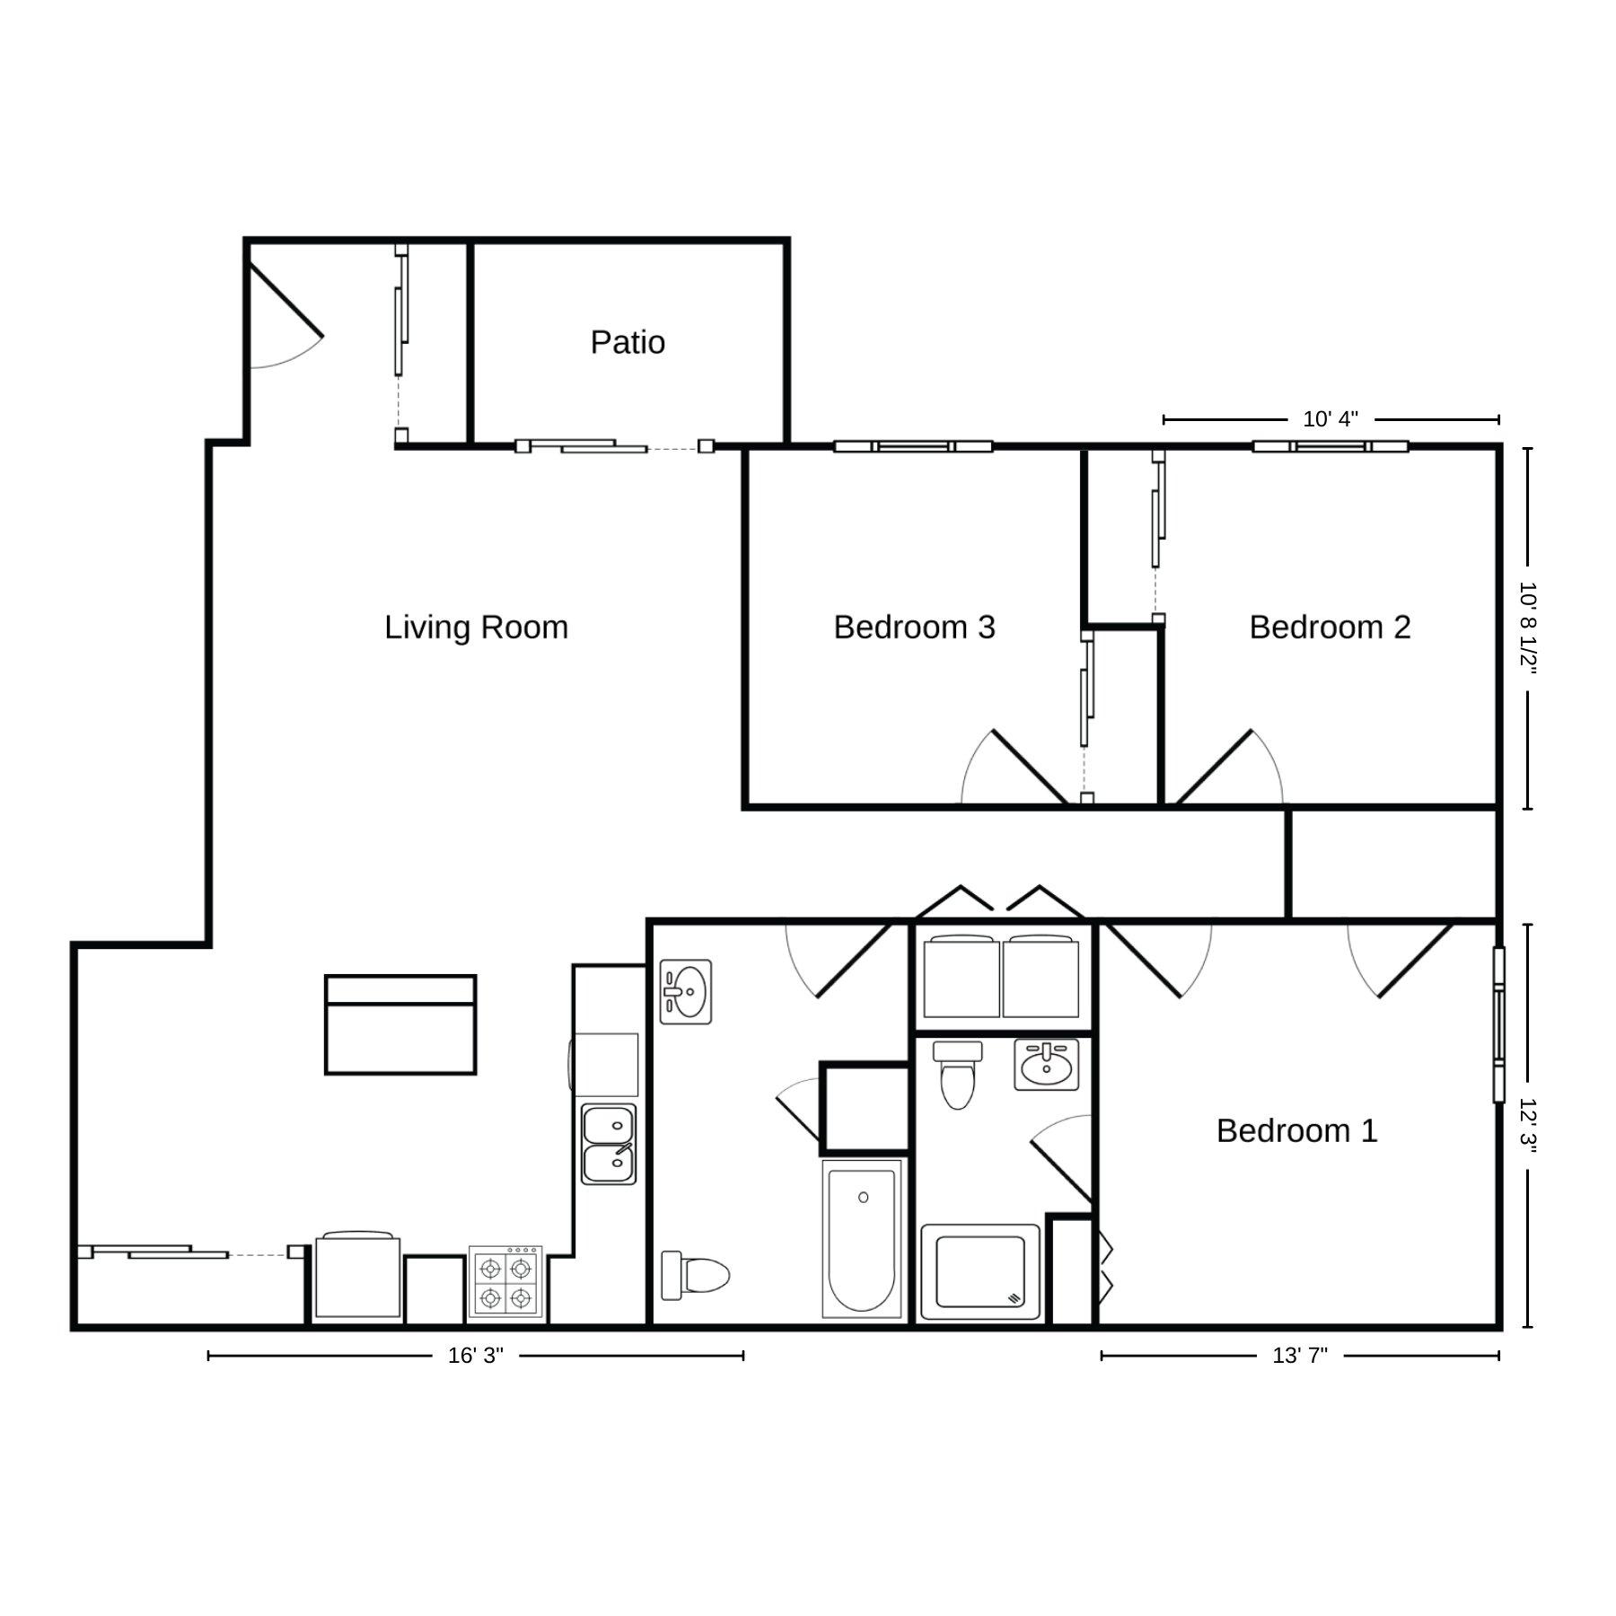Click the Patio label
pyautogui.click(x=628, y=342)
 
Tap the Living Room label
pyautogui.click(x=476, y=627)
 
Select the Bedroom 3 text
pyautogui.click(x=914, y=627)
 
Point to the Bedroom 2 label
pyautogui.click(x=1330, y=627)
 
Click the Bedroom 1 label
pyautogui.click(x=1296, y=1130)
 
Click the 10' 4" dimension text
pyautogui.click(x=1331, y=419)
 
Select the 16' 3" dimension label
pyautogui.click(x=476, y=1356)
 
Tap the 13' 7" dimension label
pyautogui.click(x=1300, y=1356)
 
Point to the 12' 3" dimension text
pyautogui.click(x=1528, y=1126)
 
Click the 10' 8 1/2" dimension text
pyautogui.click(x=1528, y=628)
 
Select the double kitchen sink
pyautogui.click(x=609, y=1144)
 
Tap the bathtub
pyautogui.click(x=862, y=1239)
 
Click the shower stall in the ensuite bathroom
pyautogui.click(x=980, y=1271)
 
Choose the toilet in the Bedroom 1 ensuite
pyautogui.click(x=958, y=1075)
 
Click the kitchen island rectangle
pyautogui.click(x=400, y=1024)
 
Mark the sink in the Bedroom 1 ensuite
pyautogui.click(x=1047, y=1065)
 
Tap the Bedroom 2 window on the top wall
pyautogui.click(x=1331, y=446)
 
